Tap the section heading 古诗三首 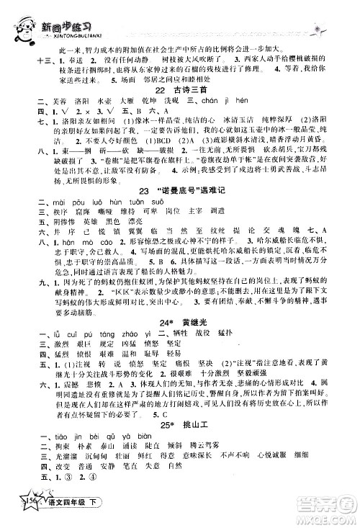point(189,107)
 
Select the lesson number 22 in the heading point(162,107)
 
